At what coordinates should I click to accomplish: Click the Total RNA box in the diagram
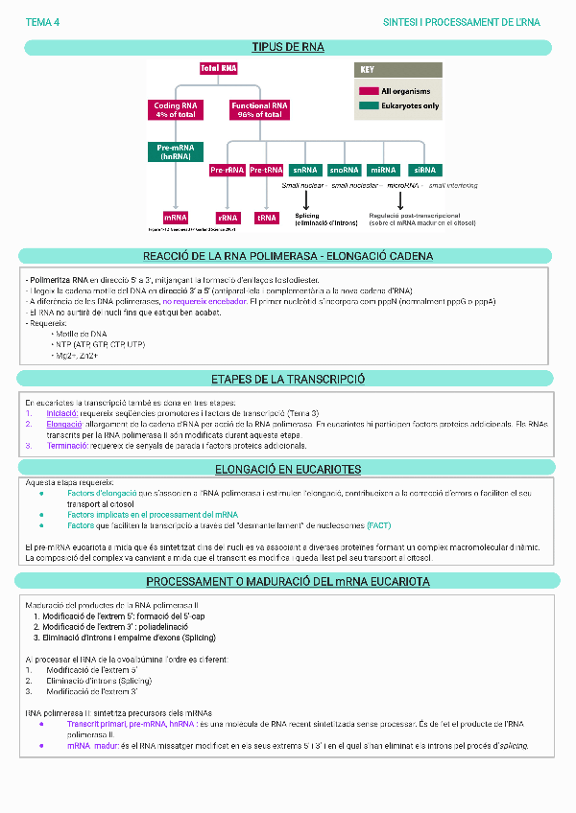pyautogui.click(x=218, y=69)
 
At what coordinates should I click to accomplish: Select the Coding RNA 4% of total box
pyautogui.click(x=175, y=109)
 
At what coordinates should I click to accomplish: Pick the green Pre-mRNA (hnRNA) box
pyautogui.click(x=175, y=151)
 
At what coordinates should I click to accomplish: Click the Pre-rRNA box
pyautogui.click(x=228, y=170)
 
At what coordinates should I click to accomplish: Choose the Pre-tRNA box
pyautogui.click(x=266, y=170)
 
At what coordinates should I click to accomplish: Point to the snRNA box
pyautogui.click(x=304, y=170)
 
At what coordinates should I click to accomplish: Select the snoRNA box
pyautogui.click(x=344, y=170)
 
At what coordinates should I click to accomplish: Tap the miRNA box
pyautogui.click(x=383, y=170)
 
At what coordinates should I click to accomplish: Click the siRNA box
pyautogui.click(x=426, y=170)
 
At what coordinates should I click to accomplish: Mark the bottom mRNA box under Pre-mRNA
pyautogui.click(x=175, y=218)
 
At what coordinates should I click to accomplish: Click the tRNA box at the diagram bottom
pyautogui.click(x=266, y=218)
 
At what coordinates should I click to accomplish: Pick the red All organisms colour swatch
pyautogui.click(x=368, y=90)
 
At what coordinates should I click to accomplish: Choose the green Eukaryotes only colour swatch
pyautogui.click(x=368, y=105)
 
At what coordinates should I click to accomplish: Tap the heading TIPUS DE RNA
pyautogui.click(x=288, y=47)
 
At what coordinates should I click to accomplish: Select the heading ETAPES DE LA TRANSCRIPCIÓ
pyautogui.click(x=288, y=379)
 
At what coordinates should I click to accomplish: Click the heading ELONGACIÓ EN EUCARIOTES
pyautogui.click(x=288, y=469)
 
